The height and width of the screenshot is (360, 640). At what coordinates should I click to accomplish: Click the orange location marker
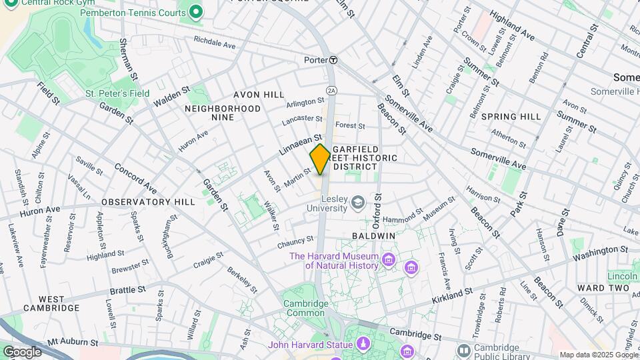coord(320,159)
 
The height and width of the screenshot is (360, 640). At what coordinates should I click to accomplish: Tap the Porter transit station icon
coord(333,59)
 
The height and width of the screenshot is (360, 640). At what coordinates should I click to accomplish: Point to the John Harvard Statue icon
coord(363,344)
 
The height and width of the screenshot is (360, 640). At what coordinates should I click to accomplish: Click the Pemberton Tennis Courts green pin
coord(195,11)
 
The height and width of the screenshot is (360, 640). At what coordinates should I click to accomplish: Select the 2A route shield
coord(331,89)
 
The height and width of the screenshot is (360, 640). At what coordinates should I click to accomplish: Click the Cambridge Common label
coord(306,309)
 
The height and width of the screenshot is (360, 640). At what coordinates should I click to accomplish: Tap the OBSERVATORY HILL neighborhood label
coord(148,201)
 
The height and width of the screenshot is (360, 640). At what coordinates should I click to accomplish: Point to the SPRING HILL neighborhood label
coord(511,117)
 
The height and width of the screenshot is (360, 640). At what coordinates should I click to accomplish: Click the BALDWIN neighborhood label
coord(374,236)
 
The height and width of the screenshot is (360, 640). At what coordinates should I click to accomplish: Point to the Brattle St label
coord(124,290)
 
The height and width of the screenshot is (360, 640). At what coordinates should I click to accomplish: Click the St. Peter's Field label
coord(117,94)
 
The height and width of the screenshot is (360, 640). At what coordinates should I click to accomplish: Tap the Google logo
coord(22,351)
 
